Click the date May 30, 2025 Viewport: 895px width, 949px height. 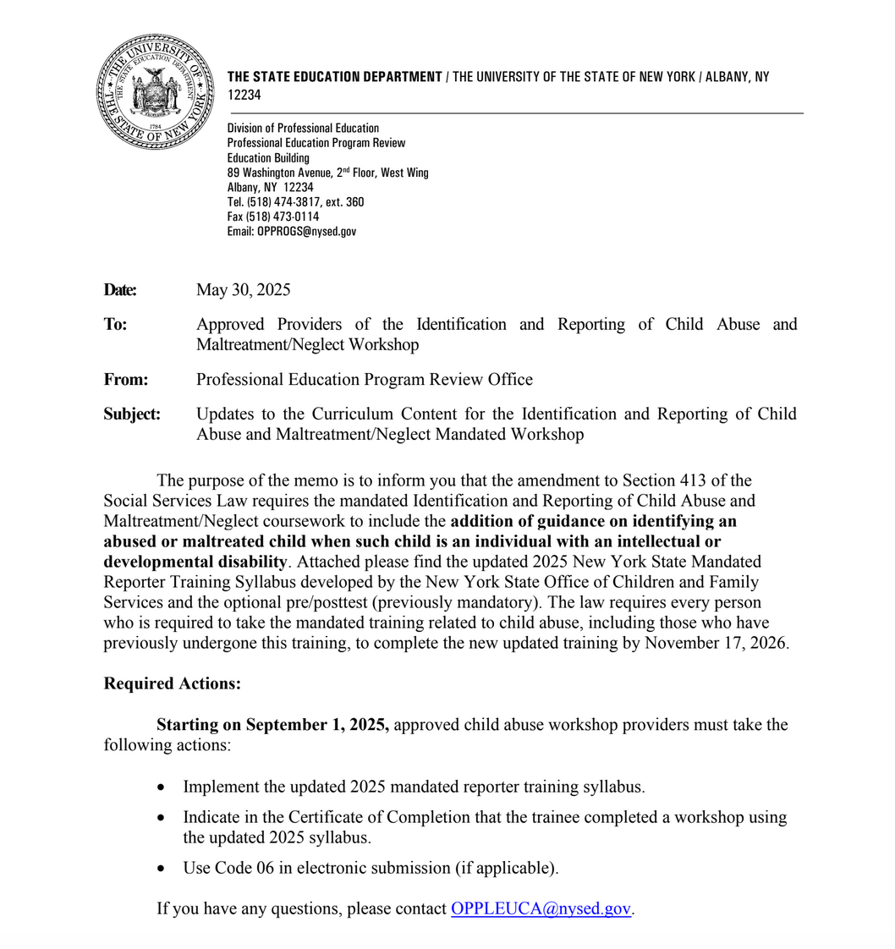pyautogui.click(x=243, y=290)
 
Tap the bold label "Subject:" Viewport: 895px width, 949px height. pyautogui.click(x=132, y=414)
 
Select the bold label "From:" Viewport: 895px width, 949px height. pyautogui.click(x=126, y=380)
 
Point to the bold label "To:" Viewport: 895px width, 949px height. pyautogui.click(x=116, y=325)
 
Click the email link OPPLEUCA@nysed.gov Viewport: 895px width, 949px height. pyautogui.click(x=541, y=909)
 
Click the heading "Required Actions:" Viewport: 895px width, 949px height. pyautogui.click(x=172, y=684)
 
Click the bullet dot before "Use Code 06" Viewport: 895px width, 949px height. pyautogui.click(x=162, y=869)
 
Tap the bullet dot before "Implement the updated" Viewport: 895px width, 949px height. pyautogui.click(x=162, y=787)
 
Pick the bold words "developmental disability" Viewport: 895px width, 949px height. pyautogui.click(x=195, y=562)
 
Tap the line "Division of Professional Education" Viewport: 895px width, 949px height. pyautogui.click(x=303, y=128)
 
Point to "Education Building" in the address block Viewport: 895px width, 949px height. pyautogui.click(x=268, y=158)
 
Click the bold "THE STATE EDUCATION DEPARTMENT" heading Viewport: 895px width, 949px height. pyautogui.click(x=335, y=77)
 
